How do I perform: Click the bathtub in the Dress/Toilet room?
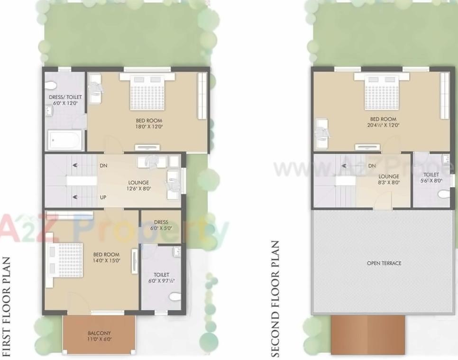coord(65,140)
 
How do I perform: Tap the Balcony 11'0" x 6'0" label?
coord(99,336)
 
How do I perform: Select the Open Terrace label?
coord(384,263)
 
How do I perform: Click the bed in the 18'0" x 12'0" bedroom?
coord(147,91)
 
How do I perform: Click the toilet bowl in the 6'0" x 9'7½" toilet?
coord(175,297)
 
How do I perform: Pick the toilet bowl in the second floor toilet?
coord(444,194)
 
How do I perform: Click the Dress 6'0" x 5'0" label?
coord(161,225)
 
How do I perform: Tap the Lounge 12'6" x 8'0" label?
coord(138,185)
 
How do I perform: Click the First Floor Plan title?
coord(7,306)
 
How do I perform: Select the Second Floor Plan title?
coord(275,299)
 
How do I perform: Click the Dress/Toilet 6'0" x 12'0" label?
coord(65,100)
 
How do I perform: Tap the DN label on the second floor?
coord(372,166)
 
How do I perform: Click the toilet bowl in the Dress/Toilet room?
coord(51,85)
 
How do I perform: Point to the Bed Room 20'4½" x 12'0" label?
coord(383,122)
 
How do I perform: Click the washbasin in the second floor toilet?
coord(445,158)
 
